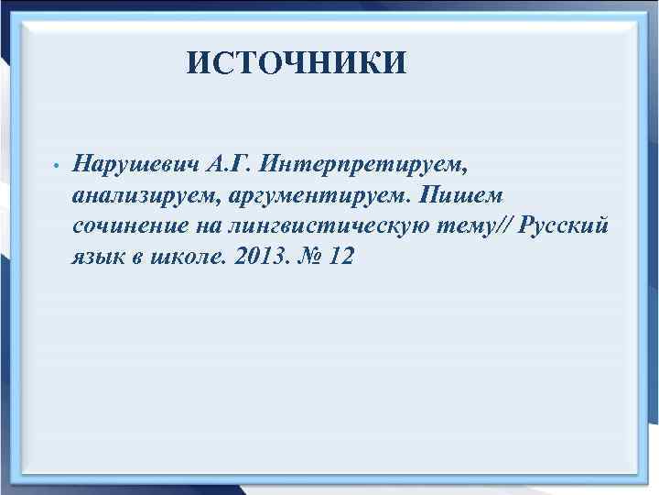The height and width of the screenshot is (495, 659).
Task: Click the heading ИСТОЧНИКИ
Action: tap(296, 64)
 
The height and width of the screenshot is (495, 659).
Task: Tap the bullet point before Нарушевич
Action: tap(56, 167)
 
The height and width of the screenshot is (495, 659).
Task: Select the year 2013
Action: tap(261, 257)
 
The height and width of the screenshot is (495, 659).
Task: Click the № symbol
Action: tap(308, 257)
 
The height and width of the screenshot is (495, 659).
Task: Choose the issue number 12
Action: tap(340, 257)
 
